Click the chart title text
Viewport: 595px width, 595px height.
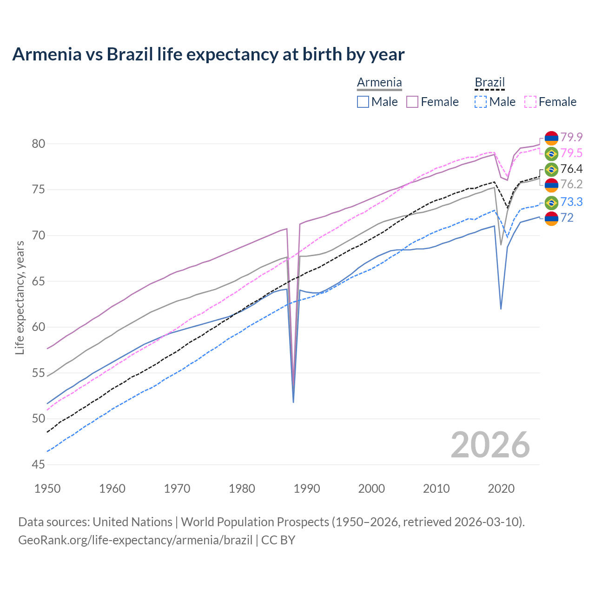(x=208, y=54)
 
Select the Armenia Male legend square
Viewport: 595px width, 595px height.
(x=363, y=102)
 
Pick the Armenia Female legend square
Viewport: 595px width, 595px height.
(x=412, y=102)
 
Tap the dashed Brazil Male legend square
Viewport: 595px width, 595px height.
(x=481, y=102)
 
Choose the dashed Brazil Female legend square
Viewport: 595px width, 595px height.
(x=530, y=102)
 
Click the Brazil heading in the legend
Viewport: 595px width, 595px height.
(x=489, y=83)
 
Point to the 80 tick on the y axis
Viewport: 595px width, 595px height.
(x=39, y=144)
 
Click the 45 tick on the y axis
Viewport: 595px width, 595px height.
(x=39, y=464)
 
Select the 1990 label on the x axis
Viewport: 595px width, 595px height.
(x=307, y=489)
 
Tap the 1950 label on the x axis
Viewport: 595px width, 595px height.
(x=47, y=489)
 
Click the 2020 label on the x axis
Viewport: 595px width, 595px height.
(x=501, y=489)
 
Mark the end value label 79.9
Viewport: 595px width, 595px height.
(x=571, y=137)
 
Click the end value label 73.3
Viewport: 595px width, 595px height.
(x=571, y=202)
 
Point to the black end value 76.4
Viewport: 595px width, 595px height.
(x=571, y=169)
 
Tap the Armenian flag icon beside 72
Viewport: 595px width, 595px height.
(x=551, y=218)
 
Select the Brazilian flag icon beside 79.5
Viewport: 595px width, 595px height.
(x=551, y=153)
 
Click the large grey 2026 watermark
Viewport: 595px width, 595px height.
(x=490, y=445)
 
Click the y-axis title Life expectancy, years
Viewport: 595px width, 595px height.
(x=20, y=297)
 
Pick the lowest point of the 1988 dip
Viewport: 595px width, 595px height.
(x=293, y=402)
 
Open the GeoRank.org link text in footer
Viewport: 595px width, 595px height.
(x=135, y=540)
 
